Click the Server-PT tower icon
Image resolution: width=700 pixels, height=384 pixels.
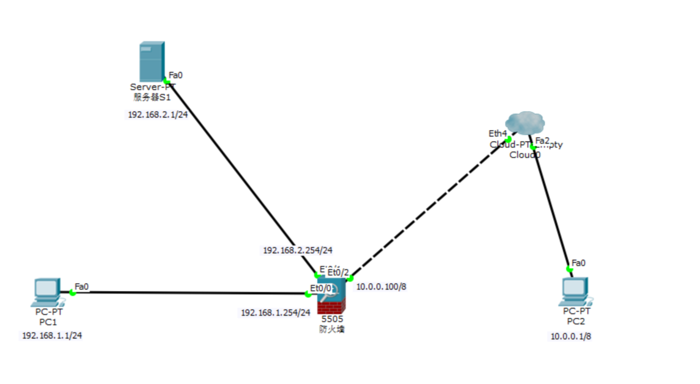pyautogui.click(x=152, y=62)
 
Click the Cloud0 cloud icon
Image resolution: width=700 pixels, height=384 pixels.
pyautogui.click(x=524, y=123)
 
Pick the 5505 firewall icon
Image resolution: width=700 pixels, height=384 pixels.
pyautogui.click(x=332, y=296)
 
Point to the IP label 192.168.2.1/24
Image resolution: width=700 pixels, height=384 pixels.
pyautogui.click(x=157, y=115)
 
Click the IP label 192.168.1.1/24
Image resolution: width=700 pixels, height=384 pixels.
pyautogui.click(x=52, y=336)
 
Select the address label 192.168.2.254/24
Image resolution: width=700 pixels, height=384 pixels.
pyautogui.click(x=298, y=251)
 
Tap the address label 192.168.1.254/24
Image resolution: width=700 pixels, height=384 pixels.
pyautogui.click(x=275, y=313)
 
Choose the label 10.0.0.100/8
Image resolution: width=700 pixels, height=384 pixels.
pyautogui.click(x=381, y=287)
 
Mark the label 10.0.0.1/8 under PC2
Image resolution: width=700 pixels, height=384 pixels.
pyautogui.click(x=571, y=337)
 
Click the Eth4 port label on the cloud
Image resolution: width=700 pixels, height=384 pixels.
pyautogui.click(x=497, y=134)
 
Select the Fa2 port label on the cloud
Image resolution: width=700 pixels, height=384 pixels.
pyautogui.click(x=543, y=140)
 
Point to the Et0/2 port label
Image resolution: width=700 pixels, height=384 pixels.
pyautogui.click(x=338, y=272)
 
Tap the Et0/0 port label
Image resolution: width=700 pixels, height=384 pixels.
pyautogui.click(x=321, y=288)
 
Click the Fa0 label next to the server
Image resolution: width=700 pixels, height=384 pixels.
pyautogui.click(x=176, y=75)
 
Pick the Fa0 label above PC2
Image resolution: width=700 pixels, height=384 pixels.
pyautogui.click(x=579, y=263)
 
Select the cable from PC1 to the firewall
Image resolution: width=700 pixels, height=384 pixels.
pyautogui.click(x=190, y=293)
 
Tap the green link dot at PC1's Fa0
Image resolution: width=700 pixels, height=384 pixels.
pyautogui.click(x=73, y=292)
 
